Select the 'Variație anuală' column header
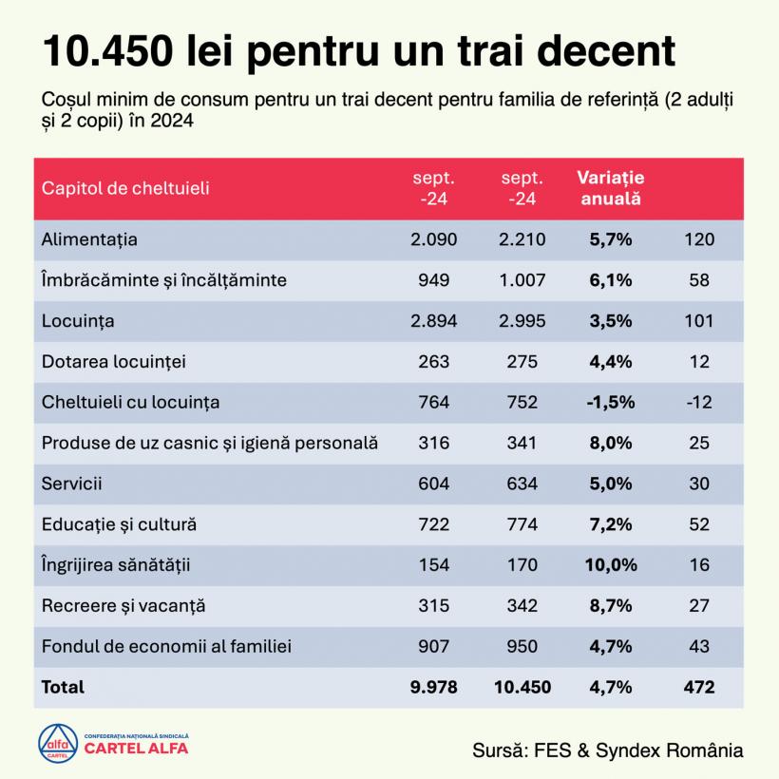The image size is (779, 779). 610,188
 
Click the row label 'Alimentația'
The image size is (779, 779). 89,239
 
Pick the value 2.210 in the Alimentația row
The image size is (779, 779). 522,239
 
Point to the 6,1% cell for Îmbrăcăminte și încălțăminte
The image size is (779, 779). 610,280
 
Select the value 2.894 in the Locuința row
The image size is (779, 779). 433,321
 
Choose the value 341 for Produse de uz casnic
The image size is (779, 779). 522,443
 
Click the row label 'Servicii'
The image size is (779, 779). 71,484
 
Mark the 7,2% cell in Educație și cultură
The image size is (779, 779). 610,524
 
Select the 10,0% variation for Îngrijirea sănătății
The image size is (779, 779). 610,565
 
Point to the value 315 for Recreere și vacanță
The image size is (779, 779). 433,605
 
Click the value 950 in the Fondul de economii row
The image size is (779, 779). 522,646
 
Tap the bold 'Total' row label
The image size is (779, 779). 63,687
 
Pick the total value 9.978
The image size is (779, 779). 433,687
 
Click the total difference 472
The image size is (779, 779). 698,687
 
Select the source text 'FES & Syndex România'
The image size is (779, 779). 636,750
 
